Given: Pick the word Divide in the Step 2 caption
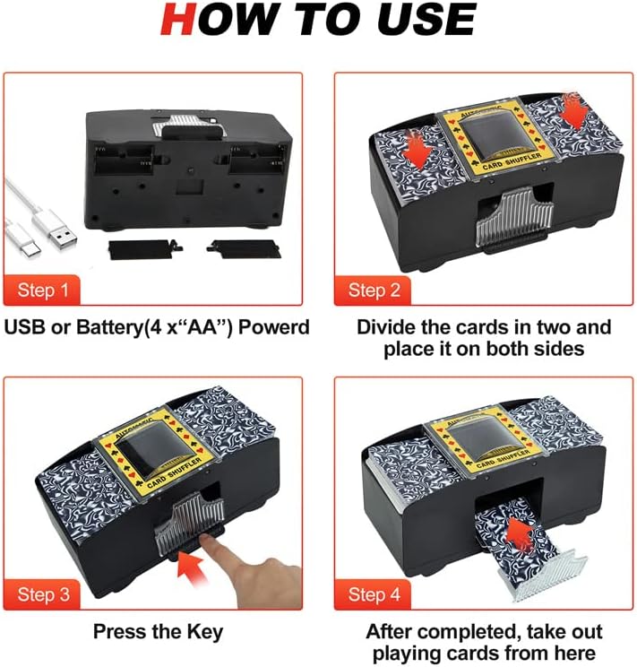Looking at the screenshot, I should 388,326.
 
